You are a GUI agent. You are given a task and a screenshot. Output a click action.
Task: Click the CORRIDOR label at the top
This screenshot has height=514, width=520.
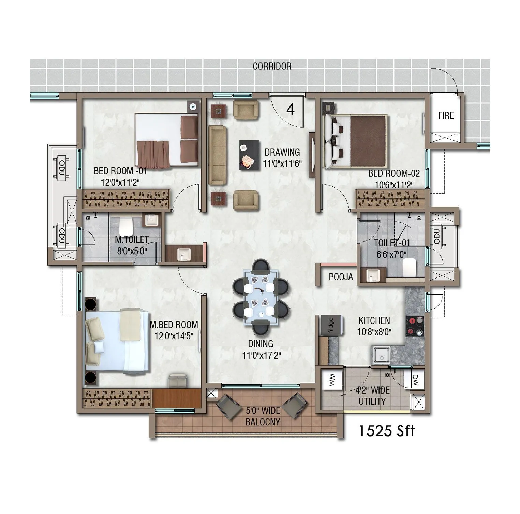272,66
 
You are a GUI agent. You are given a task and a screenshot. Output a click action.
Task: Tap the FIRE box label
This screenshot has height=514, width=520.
446,116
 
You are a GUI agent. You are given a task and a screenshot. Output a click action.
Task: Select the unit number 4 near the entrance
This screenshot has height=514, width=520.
290,110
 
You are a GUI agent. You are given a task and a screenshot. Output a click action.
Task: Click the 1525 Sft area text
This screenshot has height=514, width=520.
386,431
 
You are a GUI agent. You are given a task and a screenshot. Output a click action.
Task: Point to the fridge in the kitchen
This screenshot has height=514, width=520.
330,324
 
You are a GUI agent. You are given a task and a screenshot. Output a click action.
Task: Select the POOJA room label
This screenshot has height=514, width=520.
341,277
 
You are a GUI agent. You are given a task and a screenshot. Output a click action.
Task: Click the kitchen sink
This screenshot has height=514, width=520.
381,355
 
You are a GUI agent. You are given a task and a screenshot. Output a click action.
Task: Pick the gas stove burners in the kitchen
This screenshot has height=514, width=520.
414,326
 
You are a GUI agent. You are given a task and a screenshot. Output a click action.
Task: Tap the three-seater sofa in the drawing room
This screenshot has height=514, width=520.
217,155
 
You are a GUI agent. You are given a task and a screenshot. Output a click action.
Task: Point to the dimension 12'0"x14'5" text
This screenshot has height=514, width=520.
174,336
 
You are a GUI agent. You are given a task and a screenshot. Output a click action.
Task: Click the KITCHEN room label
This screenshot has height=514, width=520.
374,320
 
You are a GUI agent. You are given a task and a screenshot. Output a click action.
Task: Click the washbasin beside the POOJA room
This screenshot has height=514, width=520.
372,275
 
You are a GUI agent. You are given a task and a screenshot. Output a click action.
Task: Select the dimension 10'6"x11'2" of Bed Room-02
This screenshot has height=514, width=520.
394,185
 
